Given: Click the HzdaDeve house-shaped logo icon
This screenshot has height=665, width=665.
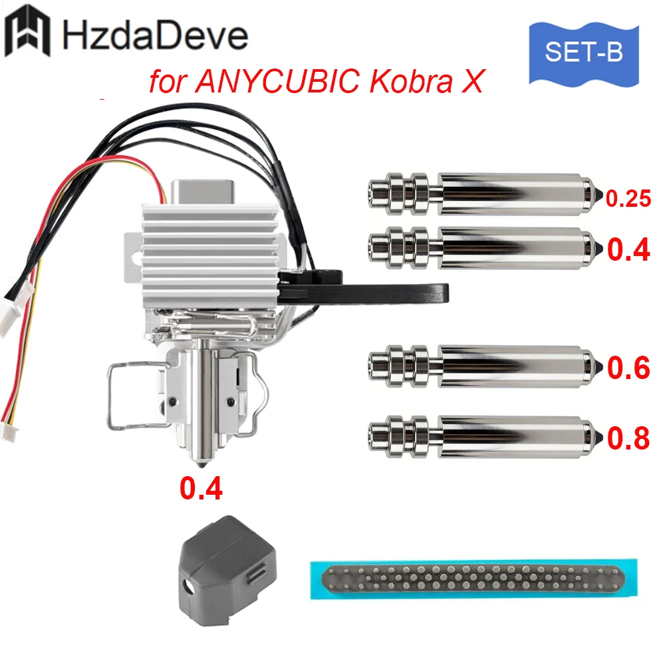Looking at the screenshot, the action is [27, 31].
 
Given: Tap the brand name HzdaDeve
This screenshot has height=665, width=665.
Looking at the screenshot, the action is [155, 35].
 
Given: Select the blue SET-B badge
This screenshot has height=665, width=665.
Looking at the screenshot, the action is [584, 54].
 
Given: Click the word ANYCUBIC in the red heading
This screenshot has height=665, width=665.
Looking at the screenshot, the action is [277, 80].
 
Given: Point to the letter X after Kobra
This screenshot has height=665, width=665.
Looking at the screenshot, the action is [472, 81].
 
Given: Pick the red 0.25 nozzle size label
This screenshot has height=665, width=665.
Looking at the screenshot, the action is [628, 198].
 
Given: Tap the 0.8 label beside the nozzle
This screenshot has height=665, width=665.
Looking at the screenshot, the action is [628, 438].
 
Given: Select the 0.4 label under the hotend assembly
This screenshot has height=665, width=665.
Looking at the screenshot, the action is [201, 488].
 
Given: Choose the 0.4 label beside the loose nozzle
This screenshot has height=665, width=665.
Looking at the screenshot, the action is [628, 249].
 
